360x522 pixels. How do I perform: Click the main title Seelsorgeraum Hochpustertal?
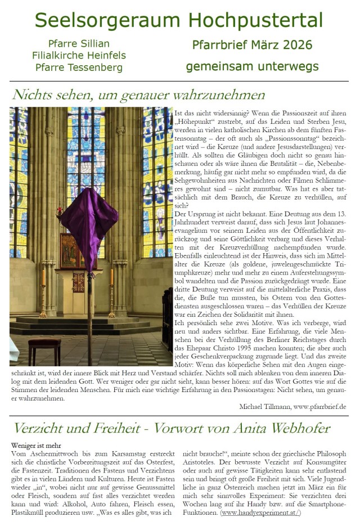179,21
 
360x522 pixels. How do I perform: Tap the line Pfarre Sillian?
79,44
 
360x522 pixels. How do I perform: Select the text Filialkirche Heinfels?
79,56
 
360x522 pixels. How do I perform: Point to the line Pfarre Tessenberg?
79,67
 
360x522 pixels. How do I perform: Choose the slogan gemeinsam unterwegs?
252,66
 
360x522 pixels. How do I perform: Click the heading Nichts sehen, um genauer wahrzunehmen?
138,94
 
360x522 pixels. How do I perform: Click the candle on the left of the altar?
44,277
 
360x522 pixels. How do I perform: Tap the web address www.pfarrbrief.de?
319,406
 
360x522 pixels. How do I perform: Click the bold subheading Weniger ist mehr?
35,445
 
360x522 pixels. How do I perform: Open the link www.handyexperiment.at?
261,512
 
